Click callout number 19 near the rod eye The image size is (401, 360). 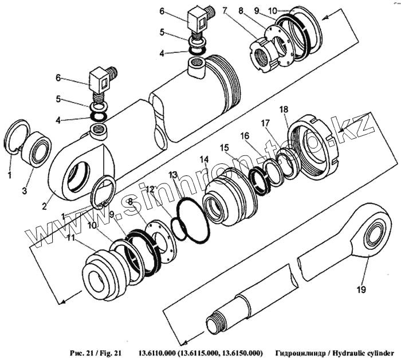pyautogui.click(x=360, y=290)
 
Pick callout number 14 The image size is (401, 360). pyautogui.click(x=204, y=159)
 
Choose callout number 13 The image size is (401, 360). pyautogui.click(x=173, y=174)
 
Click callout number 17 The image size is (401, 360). pyautogui.click(x=265, y=123)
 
